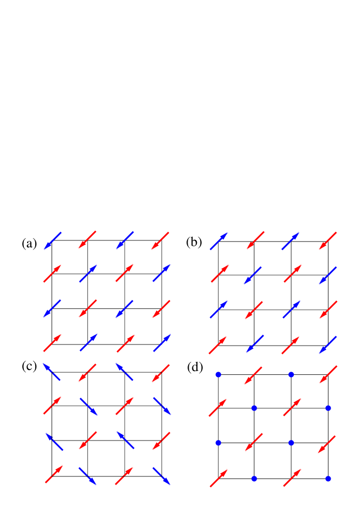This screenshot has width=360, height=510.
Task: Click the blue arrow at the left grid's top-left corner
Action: point(53,241)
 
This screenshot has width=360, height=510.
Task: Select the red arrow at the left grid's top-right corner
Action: point(160,241)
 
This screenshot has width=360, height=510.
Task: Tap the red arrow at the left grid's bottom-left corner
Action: point(54,474)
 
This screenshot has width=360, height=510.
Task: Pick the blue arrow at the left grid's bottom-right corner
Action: point(162,476)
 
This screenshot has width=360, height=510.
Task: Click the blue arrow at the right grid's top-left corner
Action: point(218,241)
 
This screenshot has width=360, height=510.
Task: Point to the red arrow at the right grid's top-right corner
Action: point(328,241)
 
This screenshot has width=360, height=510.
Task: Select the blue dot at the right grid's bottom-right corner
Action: point(328,479)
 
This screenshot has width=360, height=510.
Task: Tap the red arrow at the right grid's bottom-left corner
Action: point(219,478)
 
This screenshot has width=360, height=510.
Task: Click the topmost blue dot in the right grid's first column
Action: point(218,374)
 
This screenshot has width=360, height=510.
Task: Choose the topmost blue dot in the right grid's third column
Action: point(291,374)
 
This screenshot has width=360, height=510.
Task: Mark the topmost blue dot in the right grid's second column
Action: point(254,408)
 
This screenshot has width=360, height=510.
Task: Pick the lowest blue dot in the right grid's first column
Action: point(218,443)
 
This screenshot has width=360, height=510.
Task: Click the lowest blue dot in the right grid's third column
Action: point(291,443)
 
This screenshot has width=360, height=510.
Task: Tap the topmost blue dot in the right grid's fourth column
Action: point(328,408)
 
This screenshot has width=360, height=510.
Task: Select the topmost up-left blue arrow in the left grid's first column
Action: point(52,372)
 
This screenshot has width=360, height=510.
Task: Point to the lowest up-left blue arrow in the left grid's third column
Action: point(125,440)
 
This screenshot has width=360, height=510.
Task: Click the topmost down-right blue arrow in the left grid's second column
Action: point(89,407)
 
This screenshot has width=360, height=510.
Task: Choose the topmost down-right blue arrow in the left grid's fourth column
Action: point(162,406)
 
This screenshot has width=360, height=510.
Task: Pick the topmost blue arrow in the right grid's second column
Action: point(253,275)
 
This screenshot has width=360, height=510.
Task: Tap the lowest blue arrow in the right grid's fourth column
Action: point(328,345)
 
